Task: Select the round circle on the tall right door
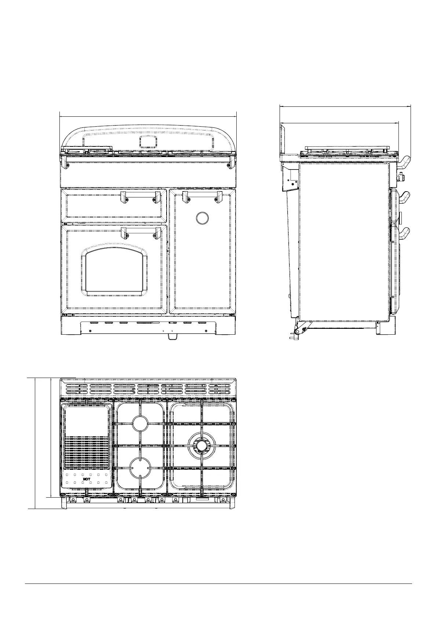pyautogui.click(x=202, y=218)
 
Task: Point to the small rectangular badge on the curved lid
pyautogui.click(x=149, y=142)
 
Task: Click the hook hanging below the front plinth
pyautogui.click(x=173, y=337)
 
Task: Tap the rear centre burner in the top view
pyautogui.click(x=140, y=423)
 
